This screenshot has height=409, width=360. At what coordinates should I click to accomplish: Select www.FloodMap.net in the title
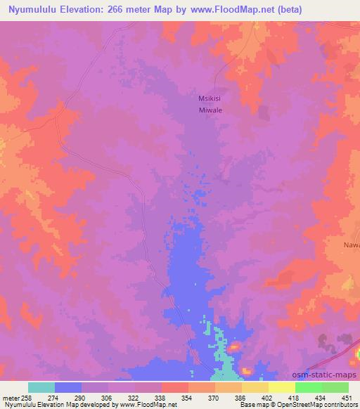[236, 9]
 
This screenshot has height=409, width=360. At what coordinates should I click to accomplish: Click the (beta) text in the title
[297, 9]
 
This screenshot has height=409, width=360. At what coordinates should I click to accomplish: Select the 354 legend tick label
[167, 398]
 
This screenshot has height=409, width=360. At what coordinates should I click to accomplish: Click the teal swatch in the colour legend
[41, 387]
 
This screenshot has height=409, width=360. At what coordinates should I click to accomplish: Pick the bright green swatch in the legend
[309, 387]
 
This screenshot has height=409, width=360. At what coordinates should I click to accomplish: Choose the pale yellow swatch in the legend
[282, 387]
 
